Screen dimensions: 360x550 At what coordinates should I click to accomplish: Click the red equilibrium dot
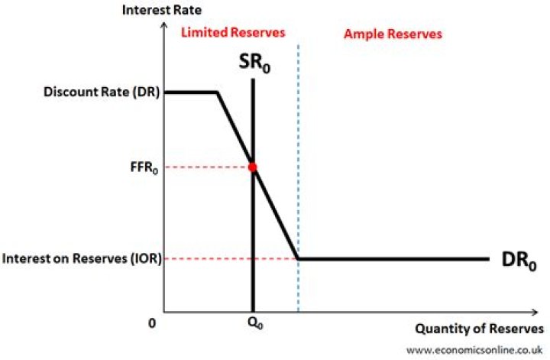tap(253, 167)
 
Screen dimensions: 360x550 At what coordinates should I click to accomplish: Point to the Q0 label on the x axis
tap(253, 324)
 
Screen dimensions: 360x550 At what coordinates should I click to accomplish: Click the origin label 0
tap(153, 324)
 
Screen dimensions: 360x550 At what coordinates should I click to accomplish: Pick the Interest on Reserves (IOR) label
tap(82, 259)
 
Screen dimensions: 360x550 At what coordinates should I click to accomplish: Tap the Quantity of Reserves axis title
tap(479, 329)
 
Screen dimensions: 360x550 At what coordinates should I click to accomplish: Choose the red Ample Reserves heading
tap(393, 34)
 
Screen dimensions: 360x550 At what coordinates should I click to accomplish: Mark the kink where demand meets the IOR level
tap(298, 259)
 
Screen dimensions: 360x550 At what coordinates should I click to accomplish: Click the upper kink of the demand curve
tap(218, 92)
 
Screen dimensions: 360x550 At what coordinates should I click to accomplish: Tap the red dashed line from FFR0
tap(206, 167)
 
